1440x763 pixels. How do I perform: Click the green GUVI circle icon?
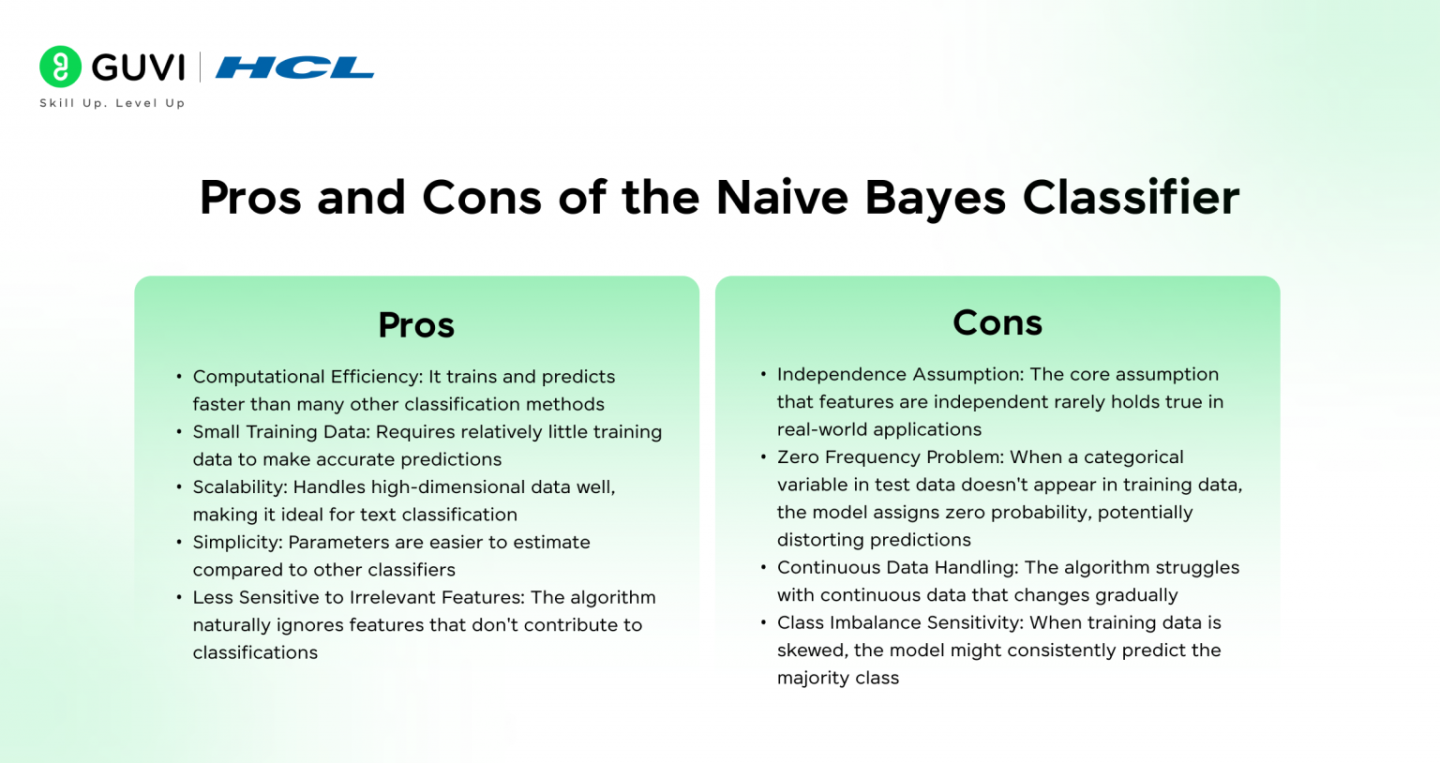coord(61,67)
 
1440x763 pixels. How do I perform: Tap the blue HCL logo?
coord(294,67)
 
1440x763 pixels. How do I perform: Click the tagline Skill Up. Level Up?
coord(112,103)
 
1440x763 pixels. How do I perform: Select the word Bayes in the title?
coord(935,198)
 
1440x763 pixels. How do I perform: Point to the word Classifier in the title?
coord(1131,198)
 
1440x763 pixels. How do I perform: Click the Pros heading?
coord(416,325)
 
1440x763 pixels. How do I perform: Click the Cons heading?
coord(997,322)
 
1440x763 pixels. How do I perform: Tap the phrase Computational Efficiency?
coord(307,377)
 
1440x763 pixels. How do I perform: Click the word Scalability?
coord(239,487)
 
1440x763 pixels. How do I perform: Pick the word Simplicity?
coord(236,543)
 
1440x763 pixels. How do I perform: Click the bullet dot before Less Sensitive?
coord(179,597)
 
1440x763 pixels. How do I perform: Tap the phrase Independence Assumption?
coord(899,375)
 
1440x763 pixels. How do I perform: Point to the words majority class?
coord(838,679)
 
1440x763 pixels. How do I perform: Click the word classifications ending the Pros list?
coord(255,653)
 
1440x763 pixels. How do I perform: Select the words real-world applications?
coord(879,430)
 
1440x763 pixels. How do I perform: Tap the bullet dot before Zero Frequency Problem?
coord(763,457)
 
